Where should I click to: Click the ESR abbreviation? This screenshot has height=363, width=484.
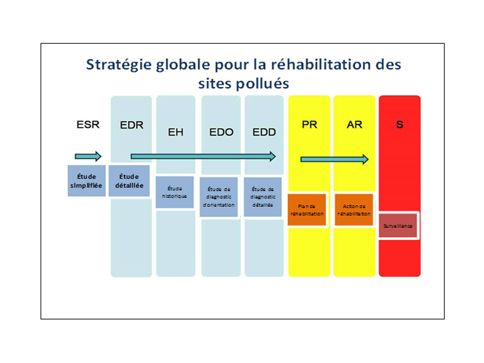click(x=88, y=125)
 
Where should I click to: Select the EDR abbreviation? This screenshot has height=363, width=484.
click(x=132, y=125)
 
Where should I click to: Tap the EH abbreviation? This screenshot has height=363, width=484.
click(x=175, y=132)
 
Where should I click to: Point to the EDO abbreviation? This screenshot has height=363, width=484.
click(x=221, y=132)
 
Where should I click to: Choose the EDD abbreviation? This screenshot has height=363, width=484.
click(x=264, y=132)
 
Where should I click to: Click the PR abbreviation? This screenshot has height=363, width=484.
click(x=309, y=125)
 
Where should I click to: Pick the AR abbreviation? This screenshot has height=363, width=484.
click(x=355, y=125)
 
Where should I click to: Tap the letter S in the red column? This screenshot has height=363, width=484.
click(x=400, y=125)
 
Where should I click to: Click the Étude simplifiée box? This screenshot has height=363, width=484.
click(x=87, y=181)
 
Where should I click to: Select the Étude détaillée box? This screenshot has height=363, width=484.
click(x=129, y=181)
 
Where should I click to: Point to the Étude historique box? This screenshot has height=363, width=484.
click(x=175, y=192)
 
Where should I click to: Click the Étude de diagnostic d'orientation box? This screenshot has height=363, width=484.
click(x=219, y=197)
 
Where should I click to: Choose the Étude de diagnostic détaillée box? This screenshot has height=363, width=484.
click(x=263, y=197)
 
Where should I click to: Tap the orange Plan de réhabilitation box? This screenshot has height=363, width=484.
click(x=307, y=210)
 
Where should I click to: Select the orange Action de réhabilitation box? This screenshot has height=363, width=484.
click(x=354, y=210)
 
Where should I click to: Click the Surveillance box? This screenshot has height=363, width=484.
click(x=398, y=226)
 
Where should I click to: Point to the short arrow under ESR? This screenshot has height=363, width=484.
click(x=88, y=157)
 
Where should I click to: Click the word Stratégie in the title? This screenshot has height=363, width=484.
click(x=119, y=65)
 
